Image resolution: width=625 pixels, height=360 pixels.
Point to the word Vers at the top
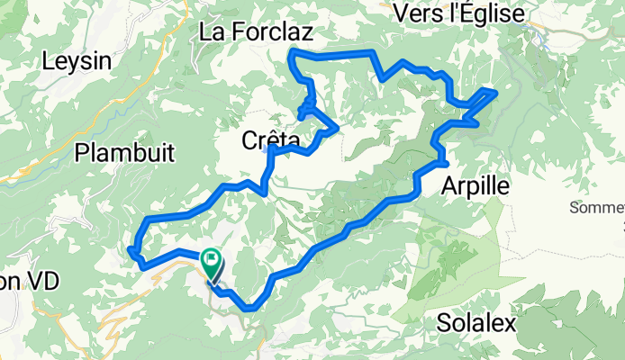tap(422, 12)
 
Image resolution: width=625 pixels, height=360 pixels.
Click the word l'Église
tap(496, 12)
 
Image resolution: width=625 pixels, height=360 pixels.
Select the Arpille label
tap(476, 186)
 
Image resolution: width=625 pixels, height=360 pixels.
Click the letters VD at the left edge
tap(41, 282)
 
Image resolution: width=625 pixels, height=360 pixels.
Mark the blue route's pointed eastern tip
tap(495, 90)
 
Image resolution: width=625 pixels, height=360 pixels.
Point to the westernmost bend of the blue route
tap(131, 249)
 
